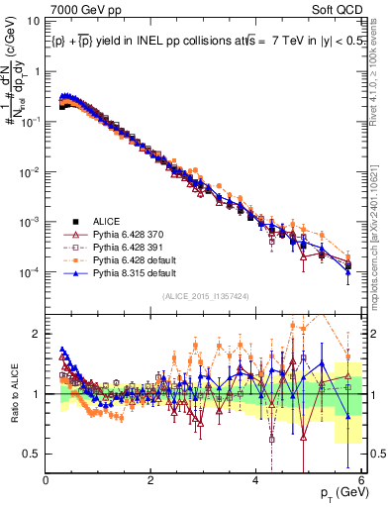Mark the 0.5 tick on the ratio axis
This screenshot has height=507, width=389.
click(34, 454)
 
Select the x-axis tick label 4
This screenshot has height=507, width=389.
click(255, 479)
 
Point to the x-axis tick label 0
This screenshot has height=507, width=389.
click(47, 479)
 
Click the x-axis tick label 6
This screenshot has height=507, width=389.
click(359, 479)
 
